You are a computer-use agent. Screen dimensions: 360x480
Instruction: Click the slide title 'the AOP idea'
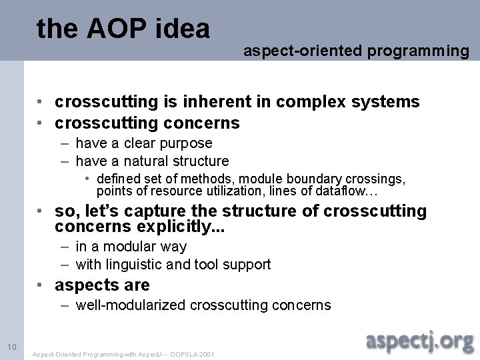click(123, 29)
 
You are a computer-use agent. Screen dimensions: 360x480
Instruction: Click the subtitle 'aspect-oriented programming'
click(356, 50)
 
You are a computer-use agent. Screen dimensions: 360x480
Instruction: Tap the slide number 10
click(11, 347)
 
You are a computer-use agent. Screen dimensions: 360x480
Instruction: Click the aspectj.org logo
click(420, 341)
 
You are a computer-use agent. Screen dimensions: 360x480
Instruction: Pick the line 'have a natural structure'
click(152, 161)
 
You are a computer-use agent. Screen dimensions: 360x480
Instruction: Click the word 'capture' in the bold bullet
click(167, 211)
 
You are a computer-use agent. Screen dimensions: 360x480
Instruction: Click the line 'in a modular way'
click(131, 247)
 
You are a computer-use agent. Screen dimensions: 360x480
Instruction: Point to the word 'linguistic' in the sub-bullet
click(138, 265)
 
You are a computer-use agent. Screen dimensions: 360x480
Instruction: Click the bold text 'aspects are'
click(102, 285)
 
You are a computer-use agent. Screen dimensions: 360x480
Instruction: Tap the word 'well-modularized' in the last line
click(131, 305)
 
